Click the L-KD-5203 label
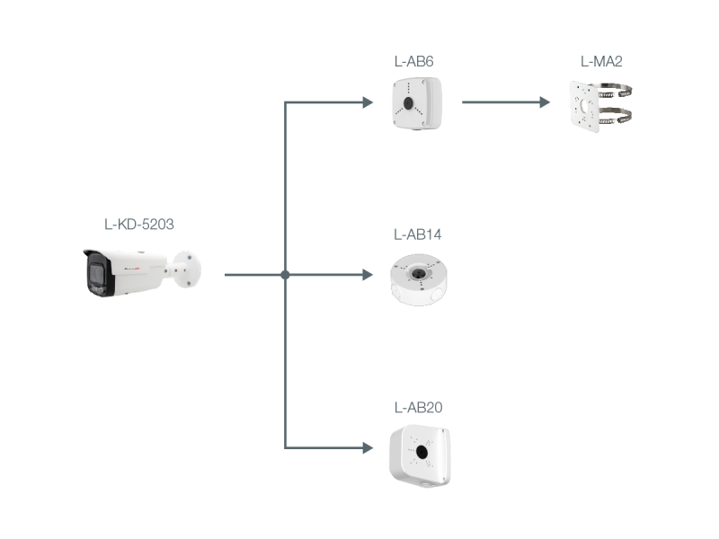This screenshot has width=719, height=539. [139, 224]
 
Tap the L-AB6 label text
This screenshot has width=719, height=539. [413, 61]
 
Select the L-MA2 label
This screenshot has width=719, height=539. [601, 61]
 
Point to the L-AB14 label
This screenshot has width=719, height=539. [417, 234]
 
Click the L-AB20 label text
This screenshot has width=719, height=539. [418, 408]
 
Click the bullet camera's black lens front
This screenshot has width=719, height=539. [97, 274]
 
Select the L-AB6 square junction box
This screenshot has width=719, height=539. [417, 103]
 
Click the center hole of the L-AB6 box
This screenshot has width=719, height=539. [409, 102]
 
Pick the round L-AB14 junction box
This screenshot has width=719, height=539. [419, 279]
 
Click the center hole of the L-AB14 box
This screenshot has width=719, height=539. [417, 274]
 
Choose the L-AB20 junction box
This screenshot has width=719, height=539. [420, 456]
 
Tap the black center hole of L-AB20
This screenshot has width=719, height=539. [421, 453]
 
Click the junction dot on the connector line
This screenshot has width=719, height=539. [285, 275]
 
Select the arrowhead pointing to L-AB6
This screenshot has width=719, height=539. [368, 102]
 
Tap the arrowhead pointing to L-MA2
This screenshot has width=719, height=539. [545, 102]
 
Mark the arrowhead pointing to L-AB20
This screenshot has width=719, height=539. [368, 447]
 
